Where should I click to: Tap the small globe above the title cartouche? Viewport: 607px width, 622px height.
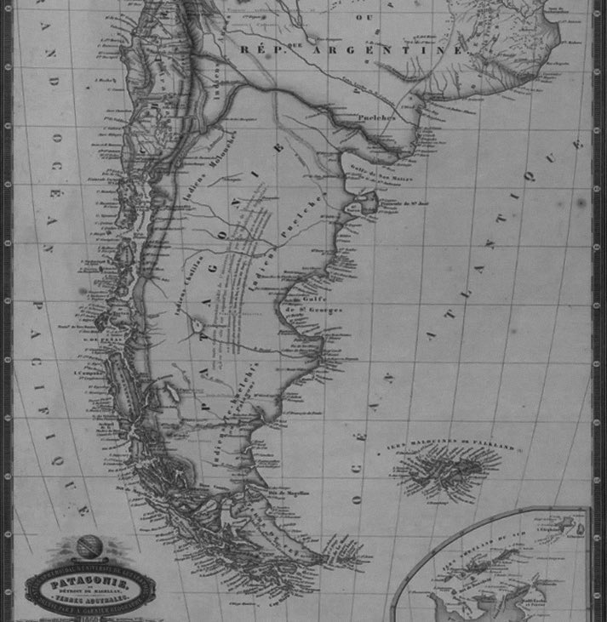coord(85,546)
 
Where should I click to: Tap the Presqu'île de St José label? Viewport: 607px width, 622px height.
coord(395,202)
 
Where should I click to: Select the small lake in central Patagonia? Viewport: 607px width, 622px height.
coord(198,325)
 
